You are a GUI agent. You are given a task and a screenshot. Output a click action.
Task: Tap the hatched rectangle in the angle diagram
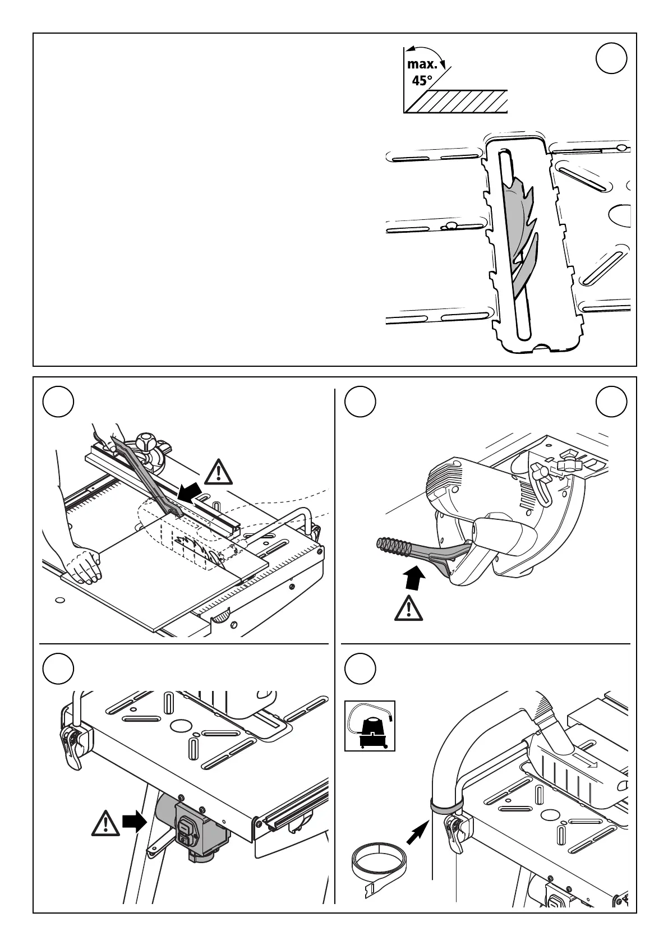click(457, 101)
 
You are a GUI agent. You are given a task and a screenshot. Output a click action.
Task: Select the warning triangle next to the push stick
click(219, 472)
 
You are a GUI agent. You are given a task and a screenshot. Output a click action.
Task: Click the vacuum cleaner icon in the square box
click(370, 726)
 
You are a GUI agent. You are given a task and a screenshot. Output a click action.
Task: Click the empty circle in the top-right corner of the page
click(611, 58)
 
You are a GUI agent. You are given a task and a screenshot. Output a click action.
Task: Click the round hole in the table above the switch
click(181, 726)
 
